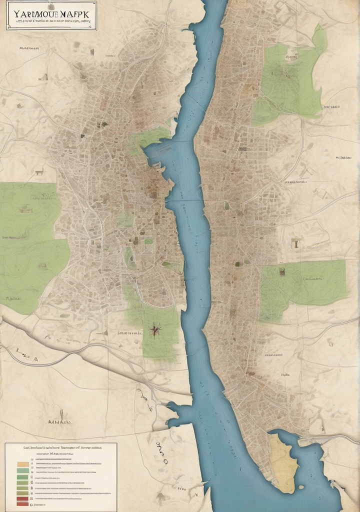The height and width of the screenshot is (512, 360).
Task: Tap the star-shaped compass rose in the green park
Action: (x=154, y=329)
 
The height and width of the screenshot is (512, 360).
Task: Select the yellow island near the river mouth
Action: (x=283, y=462)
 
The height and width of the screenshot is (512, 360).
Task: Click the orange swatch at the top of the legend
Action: (x=22, y=464)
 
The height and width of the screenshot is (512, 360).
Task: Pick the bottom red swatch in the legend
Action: (x=22, y=503)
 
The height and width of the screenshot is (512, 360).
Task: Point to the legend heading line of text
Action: (x=61, y=448)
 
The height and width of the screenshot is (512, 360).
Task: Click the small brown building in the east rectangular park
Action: (x=282, y=271)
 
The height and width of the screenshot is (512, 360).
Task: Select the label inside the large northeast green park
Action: (x=291, y=57)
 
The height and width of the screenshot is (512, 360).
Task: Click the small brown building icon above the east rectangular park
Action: (x=295, y=243)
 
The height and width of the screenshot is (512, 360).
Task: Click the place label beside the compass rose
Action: (x=130, y=332)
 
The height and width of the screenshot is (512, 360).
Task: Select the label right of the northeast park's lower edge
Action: (x=331, y=106)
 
